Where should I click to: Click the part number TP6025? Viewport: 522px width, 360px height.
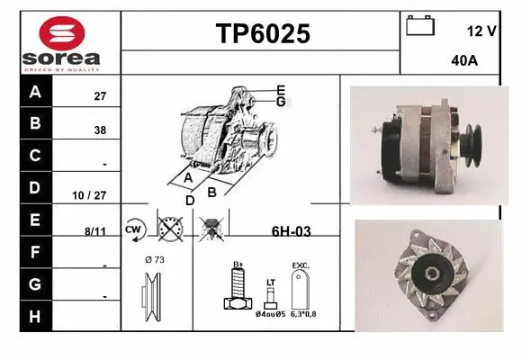(x=262, y=33)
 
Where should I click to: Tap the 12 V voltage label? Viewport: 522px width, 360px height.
(x=481, y=31)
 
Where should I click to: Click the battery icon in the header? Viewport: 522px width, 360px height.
(x=420, y=26)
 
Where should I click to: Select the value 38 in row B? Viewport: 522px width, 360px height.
(x=100, y=130)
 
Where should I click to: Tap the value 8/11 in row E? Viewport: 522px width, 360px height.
(x=94, y=231)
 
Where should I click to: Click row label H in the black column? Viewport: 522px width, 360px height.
(x=35, y=316)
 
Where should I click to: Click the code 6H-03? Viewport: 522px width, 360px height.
(x=291, y=231)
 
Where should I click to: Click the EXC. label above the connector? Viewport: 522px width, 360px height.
(x=301, y=266)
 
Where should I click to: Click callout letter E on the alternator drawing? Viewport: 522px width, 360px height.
(x=281, y=90)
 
